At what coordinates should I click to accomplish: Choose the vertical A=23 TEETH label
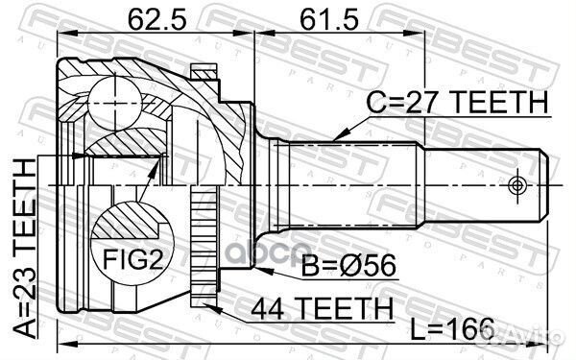pos(22,246)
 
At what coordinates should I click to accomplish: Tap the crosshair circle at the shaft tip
pos(519,183)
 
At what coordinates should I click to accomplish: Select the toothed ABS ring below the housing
pos(203,244)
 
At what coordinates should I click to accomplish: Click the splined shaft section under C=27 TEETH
pos(355,182)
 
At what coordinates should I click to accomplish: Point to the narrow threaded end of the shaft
pos(485,183)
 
